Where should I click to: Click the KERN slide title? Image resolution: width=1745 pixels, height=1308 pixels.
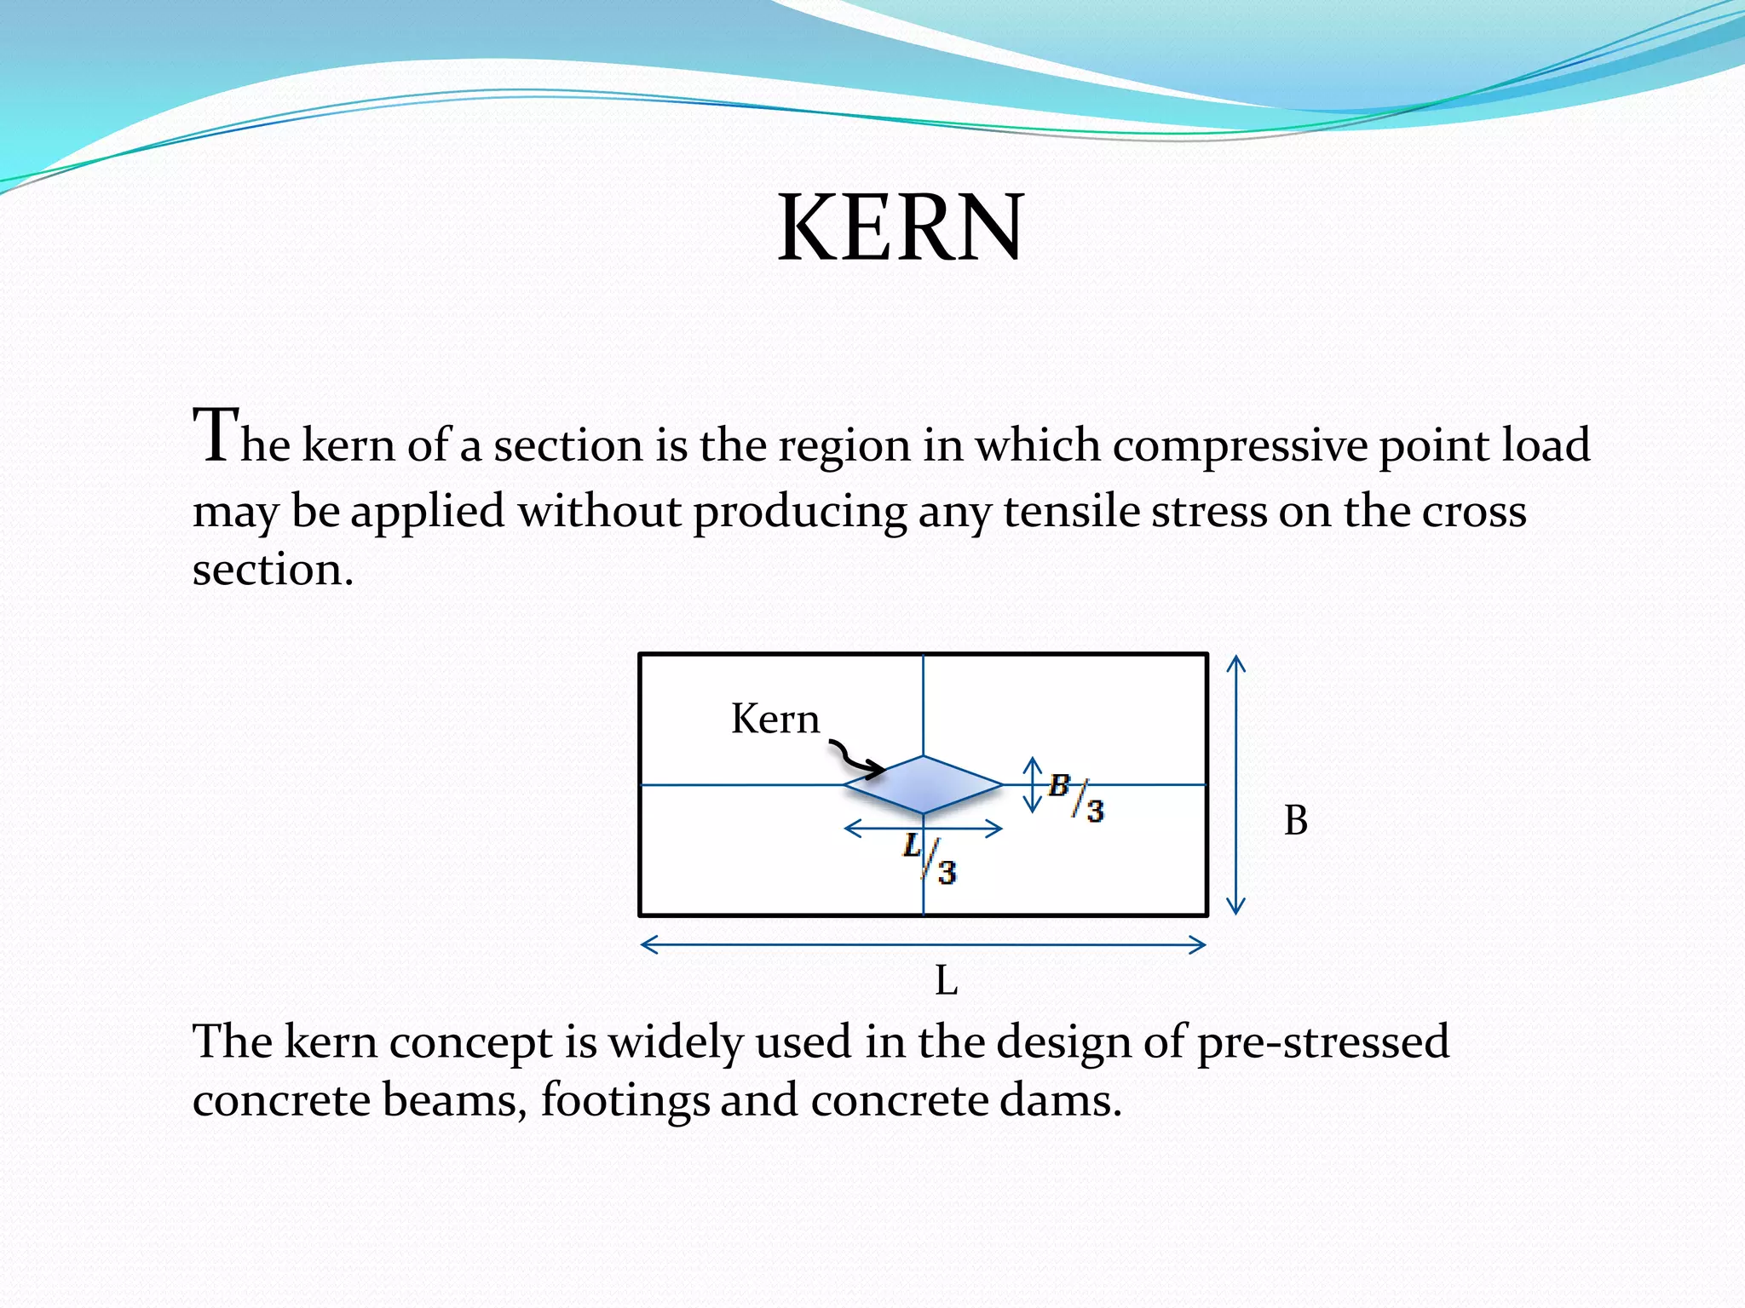click(x=900, y=228)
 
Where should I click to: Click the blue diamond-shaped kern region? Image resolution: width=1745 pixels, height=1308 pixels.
click(x=923, y=785)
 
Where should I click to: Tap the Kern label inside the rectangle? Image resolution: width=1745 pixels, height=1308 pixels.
click(x=775, y=720)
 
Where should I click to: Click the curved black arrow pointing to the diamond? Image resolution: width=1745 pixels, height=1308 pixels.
click(x=855, y=760)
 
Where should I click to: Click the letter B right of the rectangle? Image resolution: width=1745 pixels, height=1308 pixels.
click(x=1295, y=821)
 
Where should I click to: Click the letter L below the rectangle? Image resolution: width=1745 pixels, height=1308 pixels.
click(x=946, y=981)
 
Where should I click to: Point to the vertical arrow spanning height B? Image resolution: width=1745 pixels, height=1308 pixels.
click(x=1236, y=784)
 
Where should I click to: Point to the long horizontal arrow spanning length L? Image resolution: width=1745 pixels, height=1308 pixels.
click(x=923, y=944)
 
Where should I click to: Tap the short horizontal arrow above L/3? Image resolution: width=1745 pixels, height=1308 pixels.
click(x=923, y=828)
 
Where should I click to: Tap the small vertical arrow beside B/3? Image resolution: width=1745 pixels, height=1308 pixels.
click(x=1033, y=784)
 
